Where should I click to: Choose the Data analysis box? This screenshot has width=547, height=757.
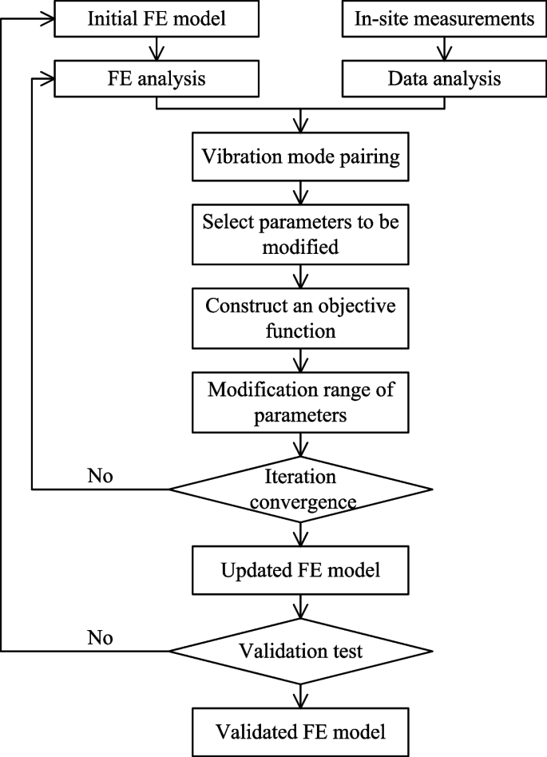coord(438,79)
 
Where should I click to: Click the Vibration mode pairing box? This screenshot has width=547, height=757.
coord(300,157)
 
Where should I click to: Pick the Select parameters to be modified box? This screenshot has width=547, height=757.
coord(300,234)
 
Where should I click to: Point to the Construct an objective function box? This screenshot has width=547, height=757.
coord(300,317)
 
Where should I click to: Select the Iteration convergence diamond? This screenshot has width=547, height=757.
coord(300,488)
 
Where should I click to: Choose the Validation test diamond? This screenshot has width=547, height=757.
coord(300,652)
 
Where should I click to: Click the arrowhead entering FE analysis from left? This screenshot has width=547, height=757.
coord(49,79)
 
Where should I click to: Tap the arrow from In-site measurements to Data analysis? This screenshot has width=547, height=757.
coord(438,50)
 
